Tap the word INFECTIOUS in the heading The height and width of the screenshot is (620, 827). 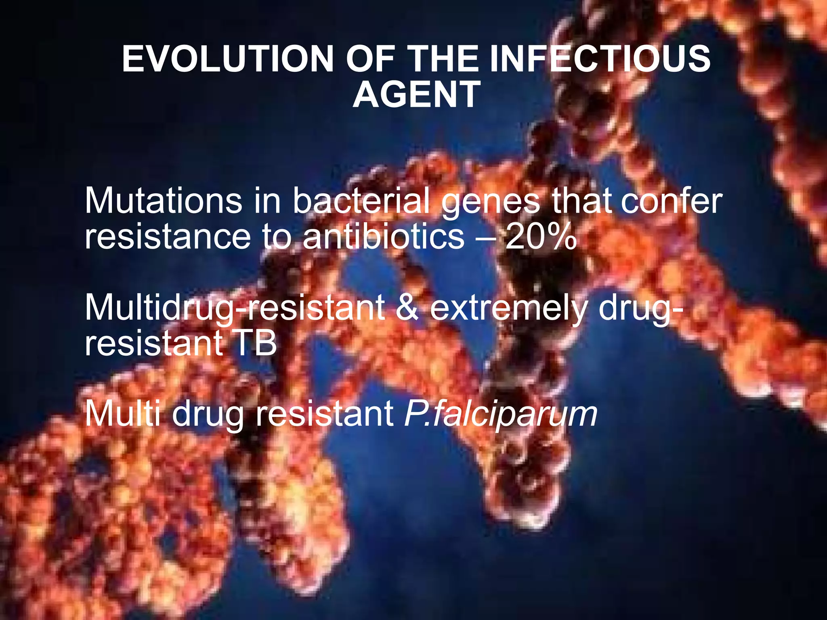pos(599,59)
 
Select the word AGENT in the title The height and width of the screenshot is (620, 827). pos(416,94)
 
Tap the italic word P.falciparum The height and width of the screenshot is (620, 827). pos(500,415)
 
